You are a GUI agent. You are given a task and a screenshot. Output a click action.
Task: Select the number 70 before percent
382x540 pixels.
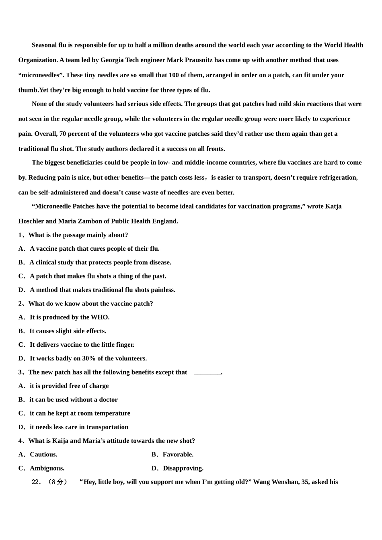pos(63,134)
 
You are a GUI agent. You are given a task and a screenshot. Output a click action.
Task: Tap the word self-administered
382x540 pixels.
pos(61,192)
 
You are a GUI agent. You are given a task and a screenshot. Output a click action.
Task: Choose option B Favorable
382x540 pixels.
pos(178,454)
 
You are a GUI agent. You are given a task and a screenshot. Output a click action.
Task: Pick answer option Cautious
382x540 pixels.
pos(43,454)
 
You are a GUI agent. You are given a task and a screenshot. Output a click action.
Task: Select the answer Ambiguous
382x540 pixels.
pos(47,468)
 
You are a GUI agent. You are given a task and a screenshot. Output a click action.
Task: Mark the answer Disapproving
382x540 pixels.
pos(183,468)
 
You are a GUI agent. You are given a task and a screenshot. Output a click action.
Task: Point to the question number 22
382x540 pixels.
pos(37,482)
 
